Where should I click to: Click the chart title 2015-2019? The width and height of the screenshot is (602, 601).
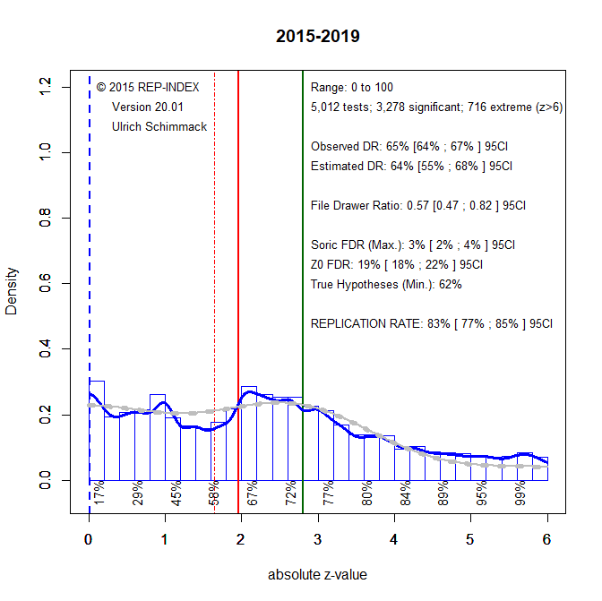(318, 37)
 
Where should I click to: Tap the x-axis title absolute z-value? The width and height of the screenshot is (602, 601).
(317, 575)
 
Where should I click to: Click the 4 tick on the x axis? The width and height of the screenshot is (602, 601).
(393, 539)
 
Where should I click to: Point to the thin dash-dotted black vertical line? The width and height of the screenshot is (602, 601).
(214, 269)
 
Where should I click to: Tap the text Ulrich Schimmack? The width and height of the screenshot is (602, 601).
(159, 127)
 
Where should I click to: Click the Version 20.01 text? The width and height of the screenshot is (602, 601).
(148, 107)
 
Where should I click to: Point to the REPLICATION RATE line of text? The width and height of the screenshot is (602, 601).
(432, 323)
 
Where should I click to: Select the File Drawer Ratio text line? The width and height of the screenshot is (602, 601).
(417, 205)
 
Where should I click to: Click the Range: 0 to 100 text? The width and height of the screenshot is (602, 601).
(352, 88)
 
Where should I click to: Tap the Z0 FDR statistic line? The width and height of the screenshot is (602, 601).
(397, 264)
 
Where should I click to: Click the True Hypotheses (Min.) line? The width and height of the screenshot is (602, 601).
(386, 284)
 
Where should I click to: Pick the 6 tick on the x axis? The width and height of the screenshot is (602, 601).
(546, 539)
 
